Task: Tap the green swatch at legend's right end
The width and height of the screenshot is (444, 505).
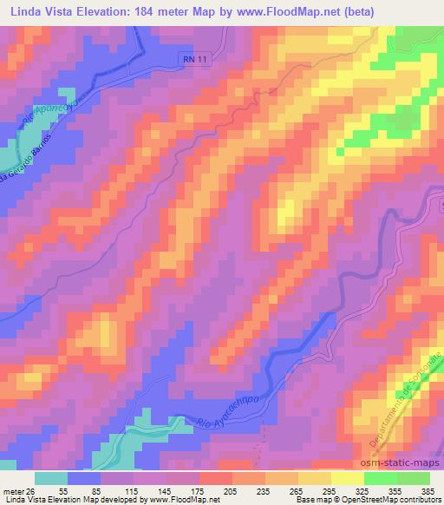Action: (414, 477)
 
